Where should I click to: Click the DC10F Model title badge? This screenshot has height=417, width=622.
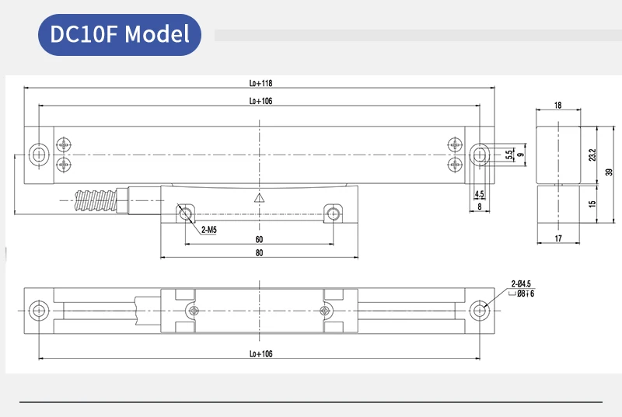pos(120,34)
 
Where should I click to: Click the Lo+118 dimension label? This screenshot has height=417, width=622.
pos(260,84)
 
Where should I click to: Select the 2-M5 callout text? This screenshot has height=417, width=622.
pos(209,230)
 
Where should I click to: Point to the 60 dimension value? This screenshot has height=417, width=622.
pos(259,240)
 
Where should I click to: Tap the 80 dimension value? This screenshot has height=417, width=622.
pos(259,253)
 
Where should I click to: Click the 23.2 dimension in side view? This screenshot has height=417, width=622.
pos(592,155)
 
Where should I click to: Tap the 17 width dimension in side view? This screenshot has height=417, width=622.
pos(558,238)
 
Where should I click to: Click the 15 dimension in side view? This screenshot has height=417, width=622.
pos(592,205)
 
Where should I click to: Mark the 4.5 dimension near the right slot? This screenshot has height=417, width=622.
pos(479,194)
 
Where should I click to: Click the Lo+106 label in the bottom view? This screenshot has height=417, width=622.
pos(260,354)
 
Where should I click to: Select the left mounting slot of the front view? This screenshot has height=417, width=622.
pos(37,154)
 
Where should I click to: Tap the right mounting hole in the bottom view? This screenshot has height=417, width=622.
pos(480,311)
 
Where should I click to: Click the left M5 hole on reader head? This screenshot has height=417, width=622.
pos(185,214)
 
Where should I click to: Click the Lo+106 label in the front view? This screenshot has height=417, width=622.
pos(260,101)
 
